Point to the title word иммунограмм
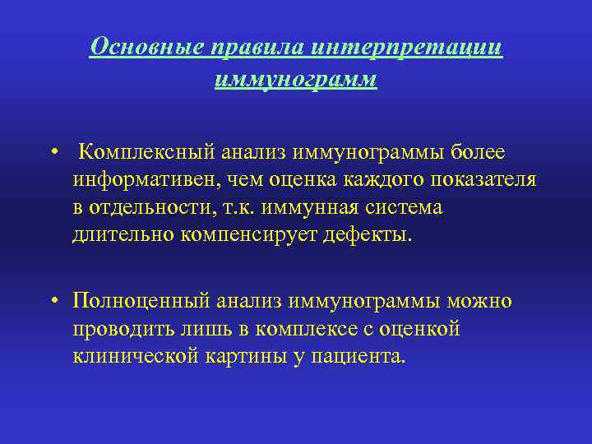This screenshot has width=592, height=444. (296, 80)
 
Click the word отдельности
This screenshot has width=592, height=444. (145, 207)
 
